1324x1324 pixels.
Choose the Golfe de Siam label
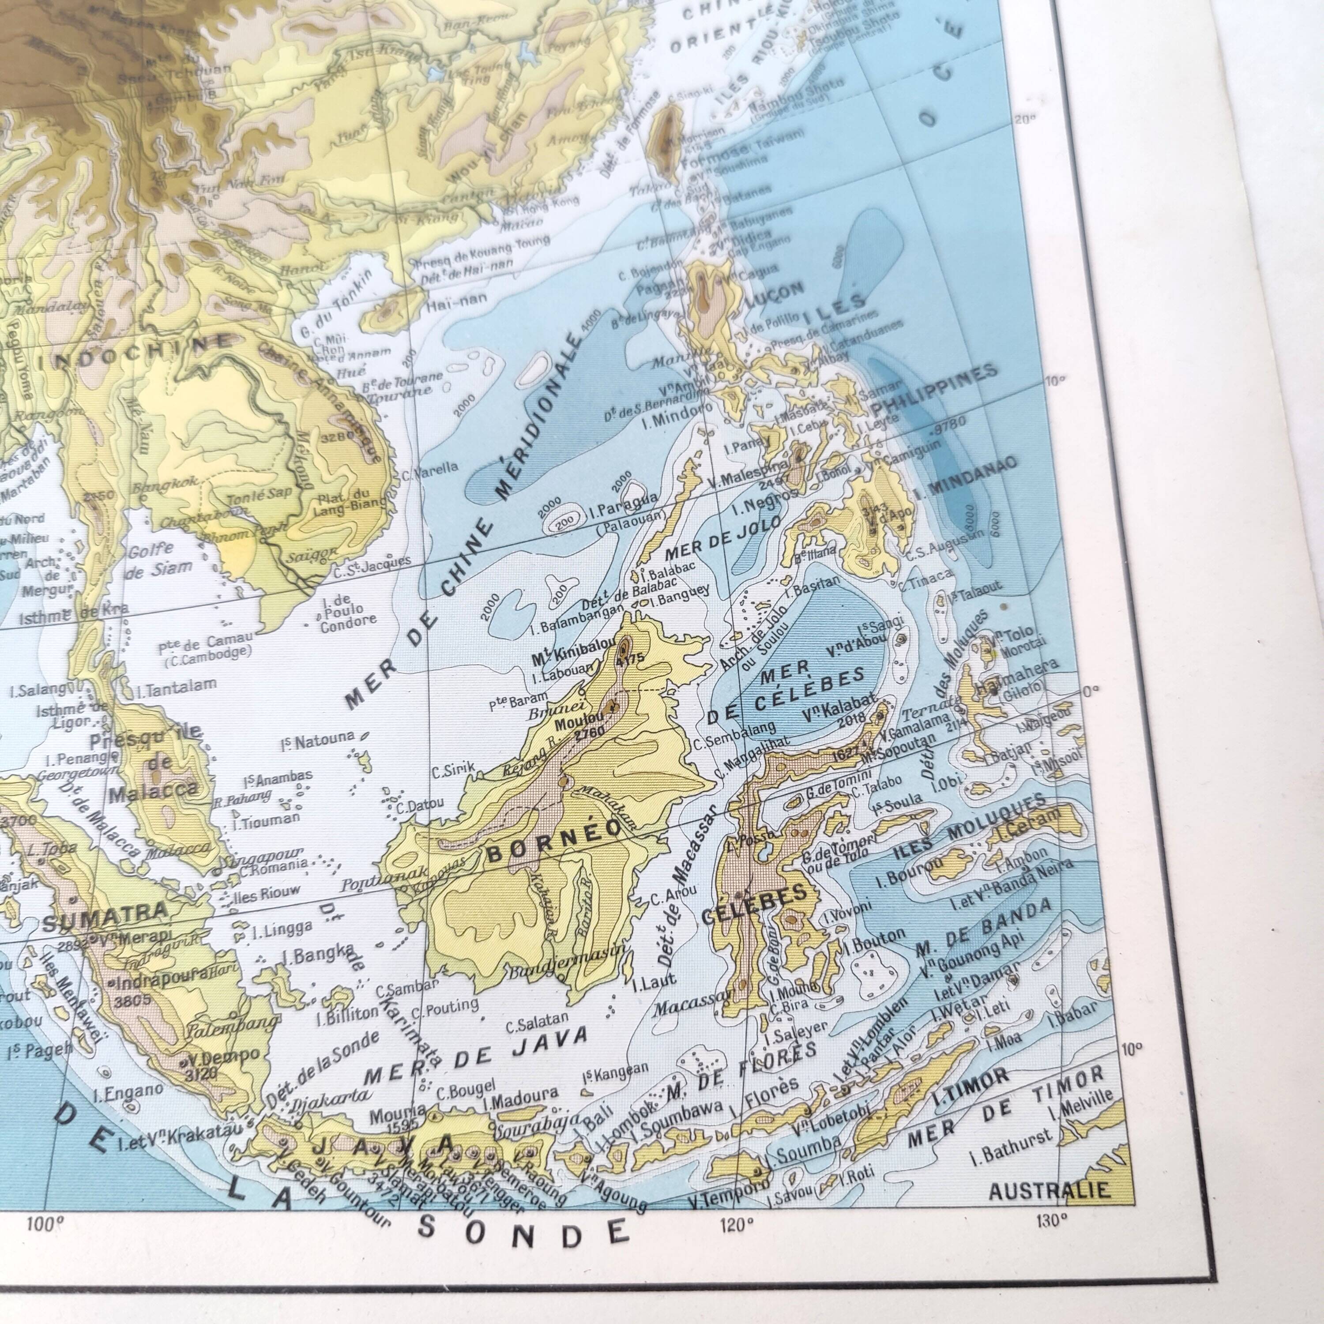(x=159, y=560)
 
